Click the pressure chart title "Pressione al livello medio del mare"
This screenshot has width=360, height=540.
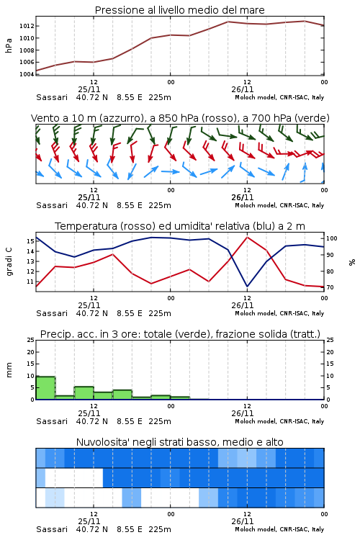click(x=179, y=10)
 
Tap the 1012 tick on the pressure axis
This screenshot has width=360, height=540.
click(x=26, y=26)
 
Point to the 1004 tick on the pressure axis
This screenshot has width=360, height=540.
click(x=26, y=74)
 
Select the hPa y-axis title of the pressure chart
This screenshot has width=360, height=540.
click(x=9, y=45)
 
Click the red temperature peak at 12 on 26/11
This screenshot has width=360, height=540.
click(x=247, y=237)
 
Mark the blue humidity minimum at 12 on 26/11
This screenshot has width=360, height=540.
click(x=247, y=286)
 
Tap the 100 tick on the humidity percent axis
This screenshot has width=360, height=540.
click(x=332, y=238)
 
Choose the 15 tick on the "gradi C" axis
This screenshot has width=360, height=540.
click(x=30, y=241)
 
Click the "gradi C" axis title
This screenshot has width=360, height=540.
click(x=9, y=261)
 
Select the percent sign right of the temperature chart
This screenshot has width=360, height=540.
click(x=352, y=262)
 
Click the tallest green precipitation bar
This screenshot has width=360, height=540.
click(x=45, y=388)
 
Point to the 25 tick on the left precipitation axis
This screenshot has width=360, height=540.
click(x=30, y=340)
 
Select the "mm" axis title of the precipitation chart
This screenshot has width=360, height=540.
click(x=9, y=370)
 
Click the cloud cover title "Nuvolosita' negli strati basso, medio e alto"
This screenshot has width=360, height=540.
click(x=179, y=442)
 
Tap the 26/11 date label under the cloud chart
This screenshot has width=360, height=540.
click(x=243, y=521)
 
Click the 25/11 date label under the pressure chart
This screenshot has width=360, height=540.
click(x=89, y=89)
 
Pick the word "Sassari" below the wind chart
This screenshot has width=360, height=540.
click(x=52, y=205)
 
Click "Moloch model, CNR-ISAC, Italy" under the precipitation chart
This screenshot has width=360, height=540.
click(x=279, y=421)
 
